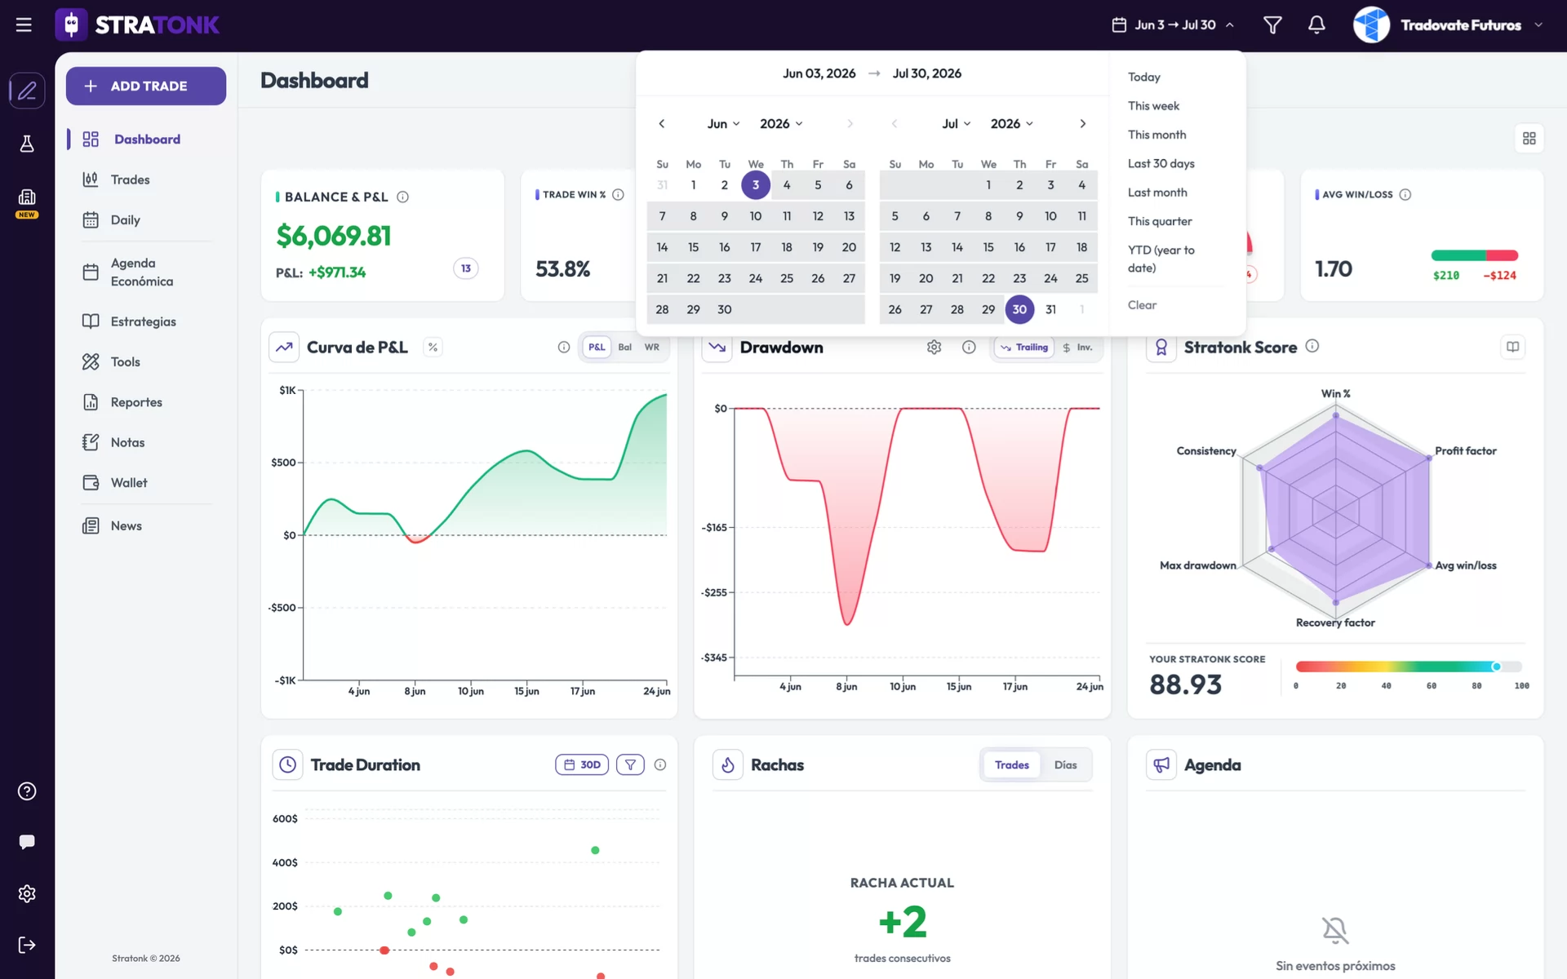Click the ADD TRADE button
click(x=146, y=86)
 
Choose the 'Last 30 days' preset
click(x=1161, y=163)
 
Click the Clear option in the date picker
click(x=1142, y=305)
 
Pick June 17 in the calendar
click(x=756, y=247)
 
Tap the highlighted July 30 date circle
click(x=1019, y=309)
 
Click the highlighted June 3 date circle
click(x=756, y=185)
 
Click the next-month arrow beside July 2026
click(x=1082, y=124)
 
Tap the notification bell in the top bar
click(x=1316, y=25)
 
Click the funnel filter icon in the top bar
click(x=1272, y=25)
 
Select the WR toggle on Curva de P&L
click(x=651, y=348)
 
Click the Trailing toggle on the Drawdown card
click(x=1024, y=348)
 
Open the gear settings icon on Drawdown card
click(x=934, y=348)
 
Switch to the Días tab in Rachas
click(x=1065, y=765)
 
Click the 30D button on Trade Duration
click(x=582, y=765)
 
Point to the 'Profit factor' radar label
click(x=1465, y=451)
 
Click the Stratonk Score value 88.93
click(x=1185, y=684)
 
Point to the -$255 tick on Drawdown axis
click(x=714, y=592)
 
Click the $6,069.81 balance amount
click(x=334, y=236)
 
